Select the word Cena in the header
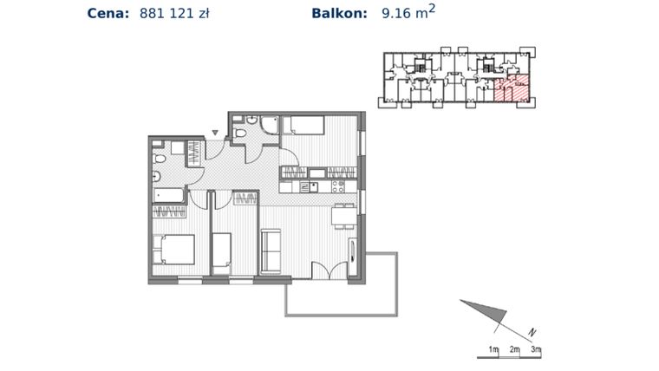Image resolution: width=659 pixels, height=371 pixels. pos(108,13)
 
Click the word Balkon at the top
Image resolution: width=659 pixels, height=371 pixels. pos(338,13)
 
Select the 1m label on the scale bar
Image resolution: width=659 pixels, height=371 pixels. pos(493,349)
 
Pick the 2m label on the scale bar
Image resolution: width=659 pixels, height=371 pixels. pos(514,349)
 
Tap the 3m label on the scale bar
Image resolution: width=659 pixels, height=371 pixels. pos(536,349)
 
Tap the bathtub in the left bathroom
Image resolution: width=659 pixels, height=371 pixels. pos(170,195)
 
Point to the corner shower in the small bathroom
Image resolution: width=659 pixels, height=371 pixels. pos(268,127)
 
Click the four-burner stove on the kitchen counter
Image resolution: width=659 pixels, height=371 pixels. pos(338,186)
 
